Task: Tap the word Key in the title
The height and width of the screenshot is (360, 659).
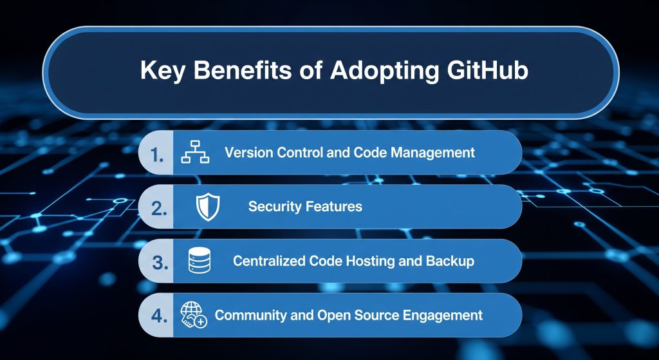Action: pos(162,70)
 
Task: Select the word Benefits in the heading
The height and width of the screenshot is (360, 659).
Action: pos(241,70)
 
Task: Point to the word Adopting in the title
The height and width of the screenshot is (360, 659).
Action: pos(373,70)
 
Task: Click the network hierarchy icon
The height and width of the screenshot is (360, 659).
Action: pos(195,153)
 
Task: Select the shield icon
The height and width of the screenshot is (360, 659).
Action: pos(207,207)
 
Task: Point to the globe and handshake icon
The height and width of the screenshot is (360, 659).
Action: pos(194,315)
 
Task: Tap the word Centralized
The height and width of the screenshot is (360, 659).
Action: pos(268,261)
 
